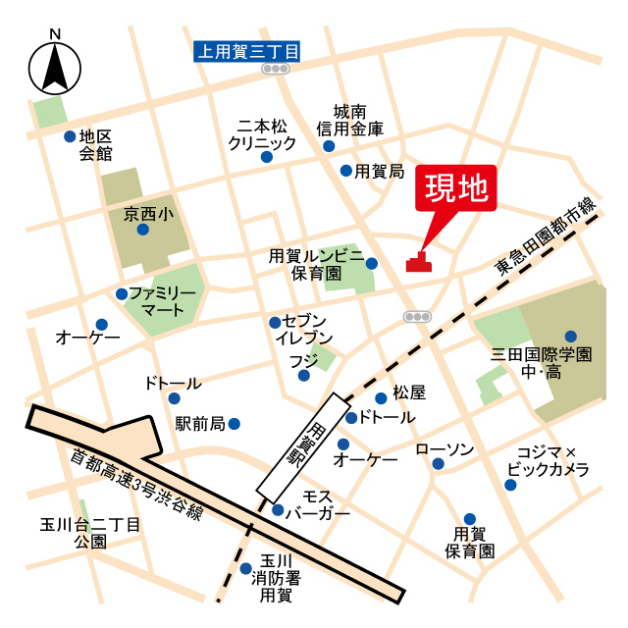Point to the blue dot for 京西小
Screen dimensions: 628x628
click(x=143, y=230)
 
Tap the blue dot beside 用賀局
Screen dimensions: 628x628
click(x=345, y=171)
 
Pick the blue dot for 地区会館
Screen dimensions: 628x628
click(x=69, y=136)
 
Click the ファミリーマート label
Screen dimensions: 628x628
click(x=163, y=302)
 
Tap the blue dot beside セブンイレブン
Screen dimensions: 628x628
click(x=274, y=322)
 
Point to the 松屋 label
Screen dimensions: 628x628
click(x=408, y=392)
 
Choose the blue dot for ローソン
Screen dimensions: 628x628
click(x=438, y=464)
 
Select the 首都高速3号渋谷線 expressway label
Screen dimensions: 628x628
click(x=137, y=487)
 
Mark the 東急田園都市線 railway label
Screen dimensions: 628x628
click(x=547, y=235)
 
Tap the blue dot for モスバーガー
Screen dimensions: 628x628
click(x=279, y=509)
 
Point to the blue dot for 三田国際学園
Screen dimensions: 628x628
click(x=570, y=336)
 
